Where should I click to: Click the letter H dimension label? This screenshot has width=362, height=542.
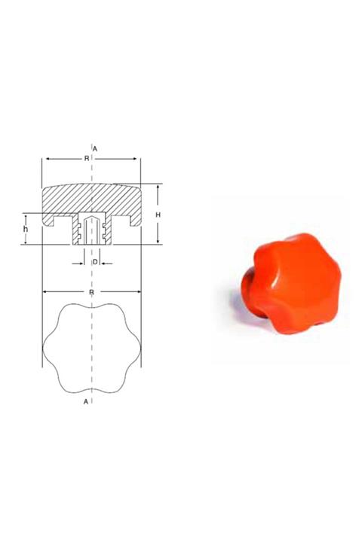(158, 215)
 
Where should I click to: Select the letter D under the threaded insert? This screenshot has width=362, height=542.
(94, 262)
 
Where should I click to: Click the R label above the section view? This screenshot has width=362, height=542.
(87, 159)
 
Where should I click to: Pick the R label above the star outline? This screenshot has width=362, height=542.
(91, 291)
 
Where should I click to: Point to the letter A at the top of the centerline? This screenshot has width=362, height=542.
(95, 148)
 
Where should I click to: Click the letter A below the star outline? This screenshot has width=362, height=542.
(87, 403)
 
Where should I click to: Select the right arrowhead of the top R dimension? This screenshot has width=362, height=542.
(137, 159)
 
